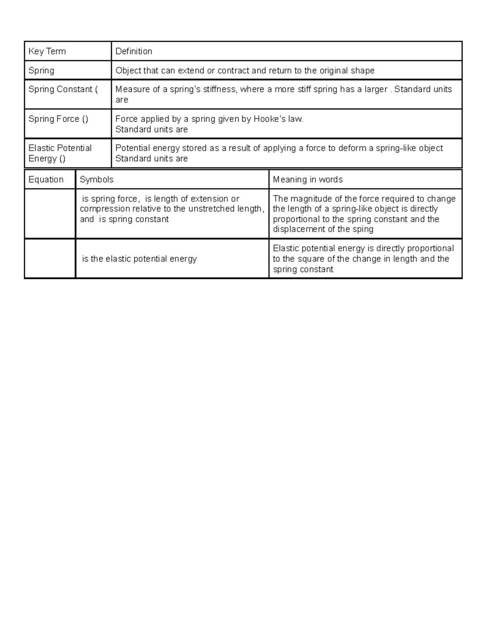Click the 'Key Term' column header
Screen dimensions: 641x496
47,51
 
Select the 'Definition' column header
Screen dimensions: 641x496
134,51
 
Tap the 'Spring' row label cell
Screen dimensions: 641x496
41,71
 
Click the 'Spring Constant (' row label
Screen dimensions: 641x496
63,89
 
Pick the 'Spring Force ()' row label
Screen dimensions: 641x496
58,119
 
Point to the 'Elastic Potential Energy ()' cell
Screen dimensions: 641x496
60,153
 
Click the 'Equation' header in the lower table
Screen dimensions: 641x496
46,180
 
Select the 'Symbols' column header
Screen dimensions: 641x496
96,180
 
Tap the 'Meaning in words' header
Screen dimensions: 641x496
308,180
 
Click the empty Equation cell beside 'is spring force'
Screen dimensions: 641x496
50,213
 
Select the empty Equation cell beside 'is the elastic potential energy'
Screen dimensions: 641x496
50,258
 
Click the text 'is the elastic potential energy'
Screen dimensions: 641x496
139,259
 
